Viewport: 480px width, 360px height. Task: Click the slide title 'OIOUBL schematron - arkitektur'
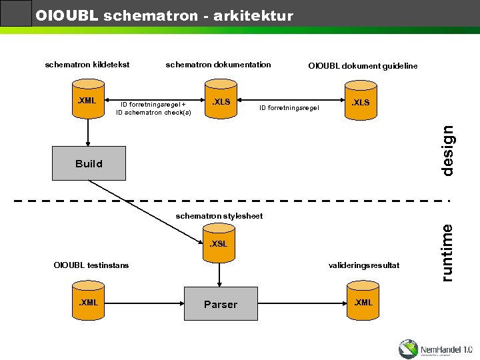tap(164, 15)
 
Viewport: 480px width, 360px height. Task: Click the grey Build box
tap(89, 163)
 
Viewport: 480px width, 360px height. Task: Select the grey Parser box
tap(221, 304)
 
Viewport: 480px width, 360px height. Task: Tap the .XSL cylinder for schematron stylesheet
tap(219, 244)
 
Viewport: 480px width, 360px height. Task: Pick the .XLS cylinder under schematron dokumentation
tap(221, 103)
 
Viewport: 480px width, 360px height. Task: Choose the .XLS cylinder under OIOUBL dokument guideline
tap(360, 103)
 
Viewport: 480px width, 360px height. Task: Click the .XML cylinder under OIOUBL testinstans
tap(88, 303)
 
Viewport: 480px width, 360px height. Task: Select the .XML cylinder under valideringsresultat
tap(363, 303)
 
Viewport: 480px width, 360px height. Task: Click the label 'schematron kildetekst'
tap(87, 65)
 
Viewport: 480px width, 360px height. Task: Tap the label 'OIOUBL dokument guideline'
tap(363, 66)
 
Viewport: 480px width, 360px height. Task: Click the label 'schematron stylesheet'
tap(219, 216)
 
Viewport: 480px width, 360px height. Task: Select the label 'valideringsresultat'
tap(363, 265)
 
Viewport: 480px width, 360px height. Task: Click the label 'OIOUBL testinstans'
tap(91, 265)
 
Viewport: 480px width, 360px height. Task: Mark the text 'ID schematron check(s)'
tap(153, 113)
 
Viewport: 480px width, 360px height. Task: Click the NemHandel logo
tap(435, 349)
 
